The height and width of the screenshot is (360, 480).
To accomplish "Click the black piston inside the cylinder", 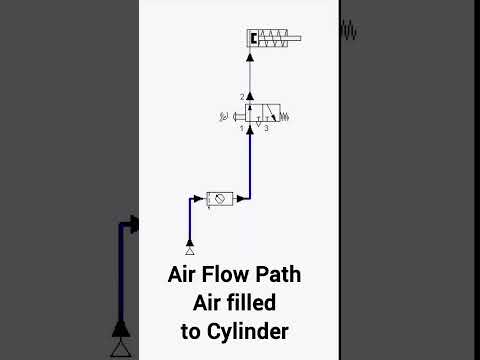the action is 253,38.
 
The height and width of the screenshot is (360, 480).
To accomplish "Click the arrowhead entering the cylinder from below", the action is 250,57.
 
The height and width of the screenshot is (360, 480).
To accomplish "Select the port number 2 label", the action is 242,97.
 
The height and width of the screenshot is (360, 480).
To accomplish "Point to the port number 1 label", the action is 242,128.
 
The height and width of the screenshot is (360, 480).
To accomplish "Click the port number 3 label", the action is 266,128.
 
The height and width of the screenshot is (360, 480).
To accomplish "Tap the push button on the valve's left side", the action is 239,117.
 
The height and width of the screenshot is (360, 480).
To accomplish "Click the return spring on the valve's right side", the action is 284,117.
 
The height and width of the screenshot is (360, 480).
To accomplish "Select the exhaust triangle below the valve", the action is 258,124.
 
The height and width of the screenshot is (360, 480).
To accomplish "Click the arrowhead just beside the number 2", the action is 250,97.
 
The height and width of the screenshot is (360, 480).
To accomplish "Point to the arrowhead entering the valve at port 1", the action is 250,130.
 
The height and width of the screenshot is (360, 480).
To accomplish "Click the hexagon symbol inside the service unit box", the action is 219,199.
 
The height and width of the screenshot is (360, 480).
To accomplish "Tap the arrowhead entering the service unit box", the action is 198,199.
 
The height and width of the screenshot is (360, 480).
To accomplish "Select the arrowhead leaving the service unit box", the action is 241,199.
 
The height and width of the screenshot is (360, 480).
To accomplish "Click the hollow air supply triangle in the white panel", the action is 190,251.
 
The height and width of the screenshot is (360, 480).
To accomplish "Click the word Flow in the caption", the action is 225,274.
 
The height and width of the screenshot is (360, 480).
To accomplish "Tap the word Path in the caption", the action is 278,274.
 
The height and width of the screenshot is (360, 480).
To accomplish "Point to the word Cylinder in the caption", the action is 248,332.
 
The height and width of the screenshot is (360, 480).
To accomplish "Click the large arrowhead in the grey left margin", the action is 134,224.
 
